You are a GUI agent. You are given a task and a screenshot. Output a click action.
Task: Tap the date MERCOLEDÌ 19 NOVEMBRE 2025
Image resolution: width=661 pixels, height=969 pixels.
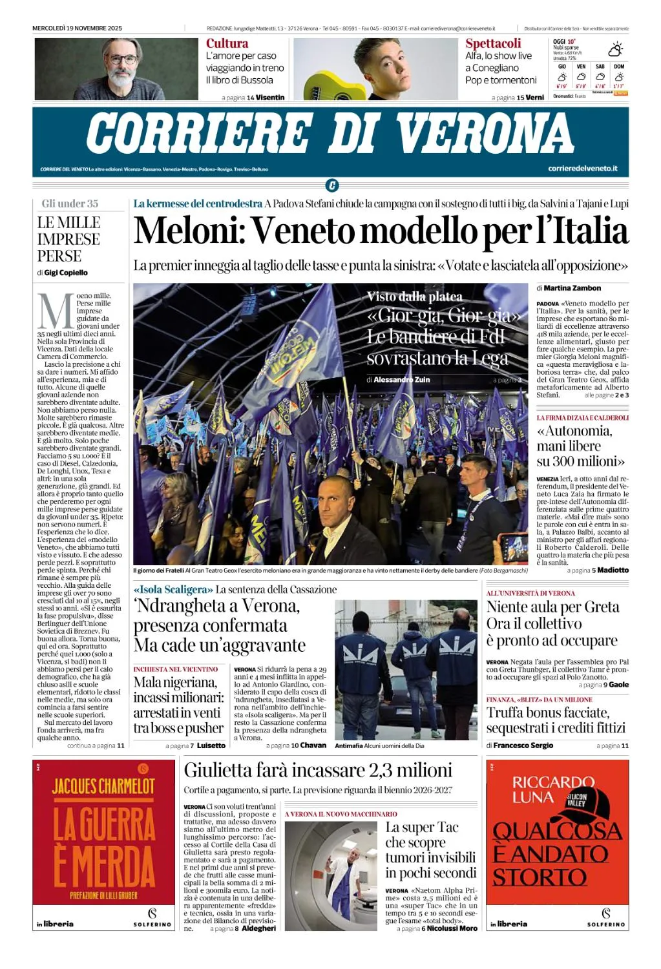77,28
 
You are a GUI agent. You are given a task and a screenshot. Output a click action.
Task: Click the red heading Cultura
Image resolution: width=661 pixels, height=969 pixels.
227,43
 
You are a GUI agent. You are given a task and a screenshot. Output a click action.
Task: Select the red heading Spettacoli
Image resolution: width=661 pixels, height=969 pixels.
493,43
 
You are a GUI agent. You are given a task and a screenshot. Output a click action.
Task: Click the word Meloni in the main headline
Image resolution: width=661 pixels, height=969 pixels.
187,231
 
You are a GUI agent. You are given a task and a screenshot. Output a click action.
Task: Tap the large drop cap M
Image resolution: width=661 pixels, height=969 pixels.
56,311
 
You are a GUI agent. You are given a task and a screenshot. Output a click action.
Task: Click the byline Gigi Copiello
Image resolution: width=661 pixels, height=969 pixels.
66,273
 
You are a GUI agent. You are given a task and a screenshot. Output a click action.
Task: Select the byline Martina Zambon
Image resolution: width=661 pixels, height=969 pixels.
572,288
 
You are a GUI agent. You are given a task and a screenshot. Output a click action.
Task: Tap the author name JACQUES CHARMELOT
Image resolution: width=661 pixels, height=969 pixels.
103,786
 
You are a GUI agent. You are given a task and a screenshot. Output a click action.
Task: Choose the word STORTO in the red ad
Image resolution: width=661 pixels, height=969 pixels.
540,877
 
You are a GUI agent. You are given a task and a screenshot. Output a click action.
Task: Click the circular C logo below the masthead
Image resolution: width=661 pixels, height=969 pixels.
331,186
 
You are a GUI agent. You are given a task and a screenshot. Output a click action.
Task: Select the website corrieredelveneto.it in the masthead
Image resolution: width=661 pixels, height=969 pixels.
582,169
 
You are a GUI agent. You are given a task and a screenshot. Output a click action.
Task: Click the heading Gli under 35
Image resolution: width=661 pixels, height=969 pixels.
70,203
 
